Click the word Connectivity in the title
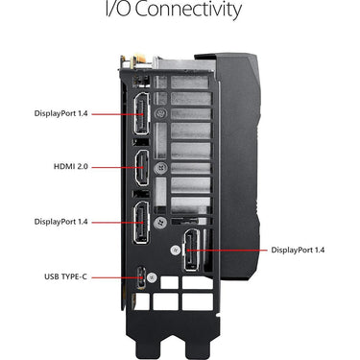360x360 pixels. (x=187, y=10)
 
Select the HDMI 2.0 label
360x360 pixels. (x=70, y=166)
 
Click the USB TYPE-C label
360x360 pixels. (x=65, y=276)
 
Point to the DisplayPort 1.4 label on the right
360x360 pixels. (x=298, y=250)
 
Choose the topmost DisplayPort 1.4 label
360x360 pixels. (x=60, y=113)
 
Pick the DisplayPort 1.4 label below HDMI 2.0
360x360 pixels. (x=60, y=222)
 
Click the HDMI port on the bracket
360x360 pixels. (x=141, y=168)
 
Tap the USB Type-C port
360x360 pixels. (x=141, y=277)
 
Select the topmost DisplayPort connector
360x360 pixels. (x=141, y=113)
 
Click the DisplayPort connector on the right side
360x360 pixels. (x=191, y=251)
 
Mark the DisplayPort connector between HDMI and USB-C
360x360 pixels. (x=141, y=223)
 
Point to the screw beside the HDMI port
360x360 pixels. (x=160, y=168)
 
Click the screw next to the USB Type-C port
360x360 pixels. (x=152, y=277)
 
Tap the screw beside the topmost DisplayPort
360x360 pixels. (x=160, y=113)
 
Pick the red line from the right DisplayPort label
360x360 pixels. (x=227, y=251)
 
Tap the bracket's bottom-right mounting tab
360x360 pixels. (x=199, y=347)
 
